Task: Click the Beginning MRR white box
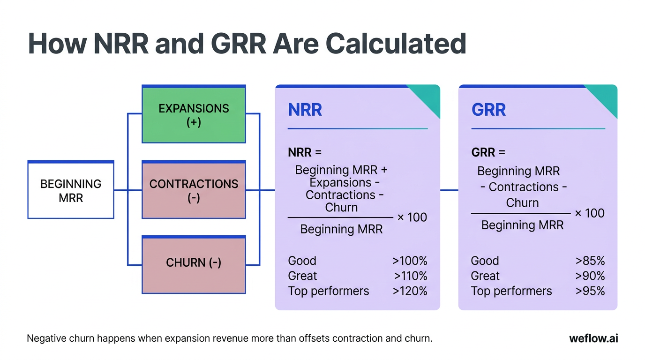pyautogui.click(x=71, y=190)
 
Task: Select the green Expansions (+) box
pyautogui.click(x=194, y=115)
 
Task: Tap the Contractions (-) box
pyautogui.click(x=194, y=190)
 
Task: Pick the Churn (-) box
pyautogui.click(x=194, y=263)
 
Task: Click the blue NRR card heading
pyautogui.click(x=305, y=110)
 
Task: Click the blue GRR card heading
pyautogui.click(x=488, y=110)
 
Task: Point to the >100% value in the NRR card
pyautogui.click(x=410, y=261)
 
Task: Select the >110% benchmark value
pyautogui.click(x=410, y=276)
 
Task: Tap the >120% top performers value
pyautogui.click(x=410, y=291)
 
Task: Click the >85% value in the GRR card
pyautogui.click(x=590, y=261)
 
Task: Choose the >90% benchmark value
pyautogui.click(x=590, y=276)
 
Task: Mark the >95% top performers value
pyautogui.click(x=590, y=291)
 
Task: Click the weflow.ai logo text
pyautogui.click(x=593, y=338)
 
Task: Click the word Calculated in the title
pyautogui.click(x=396, y=44)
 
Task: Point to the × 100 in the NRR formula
pyautogui.click(x=412, y=217)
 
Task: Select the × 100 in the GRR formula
pyautogui.click(x=589, y=213)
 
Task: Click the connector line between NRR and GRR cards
pyautogui.click(x=449, y=190)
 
